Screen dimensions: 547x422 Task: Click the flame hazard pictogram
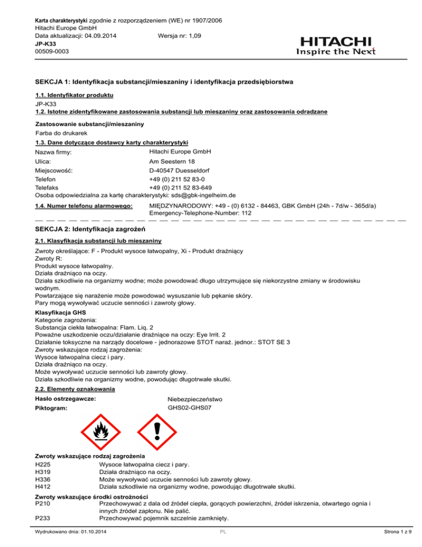point(101,429)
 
